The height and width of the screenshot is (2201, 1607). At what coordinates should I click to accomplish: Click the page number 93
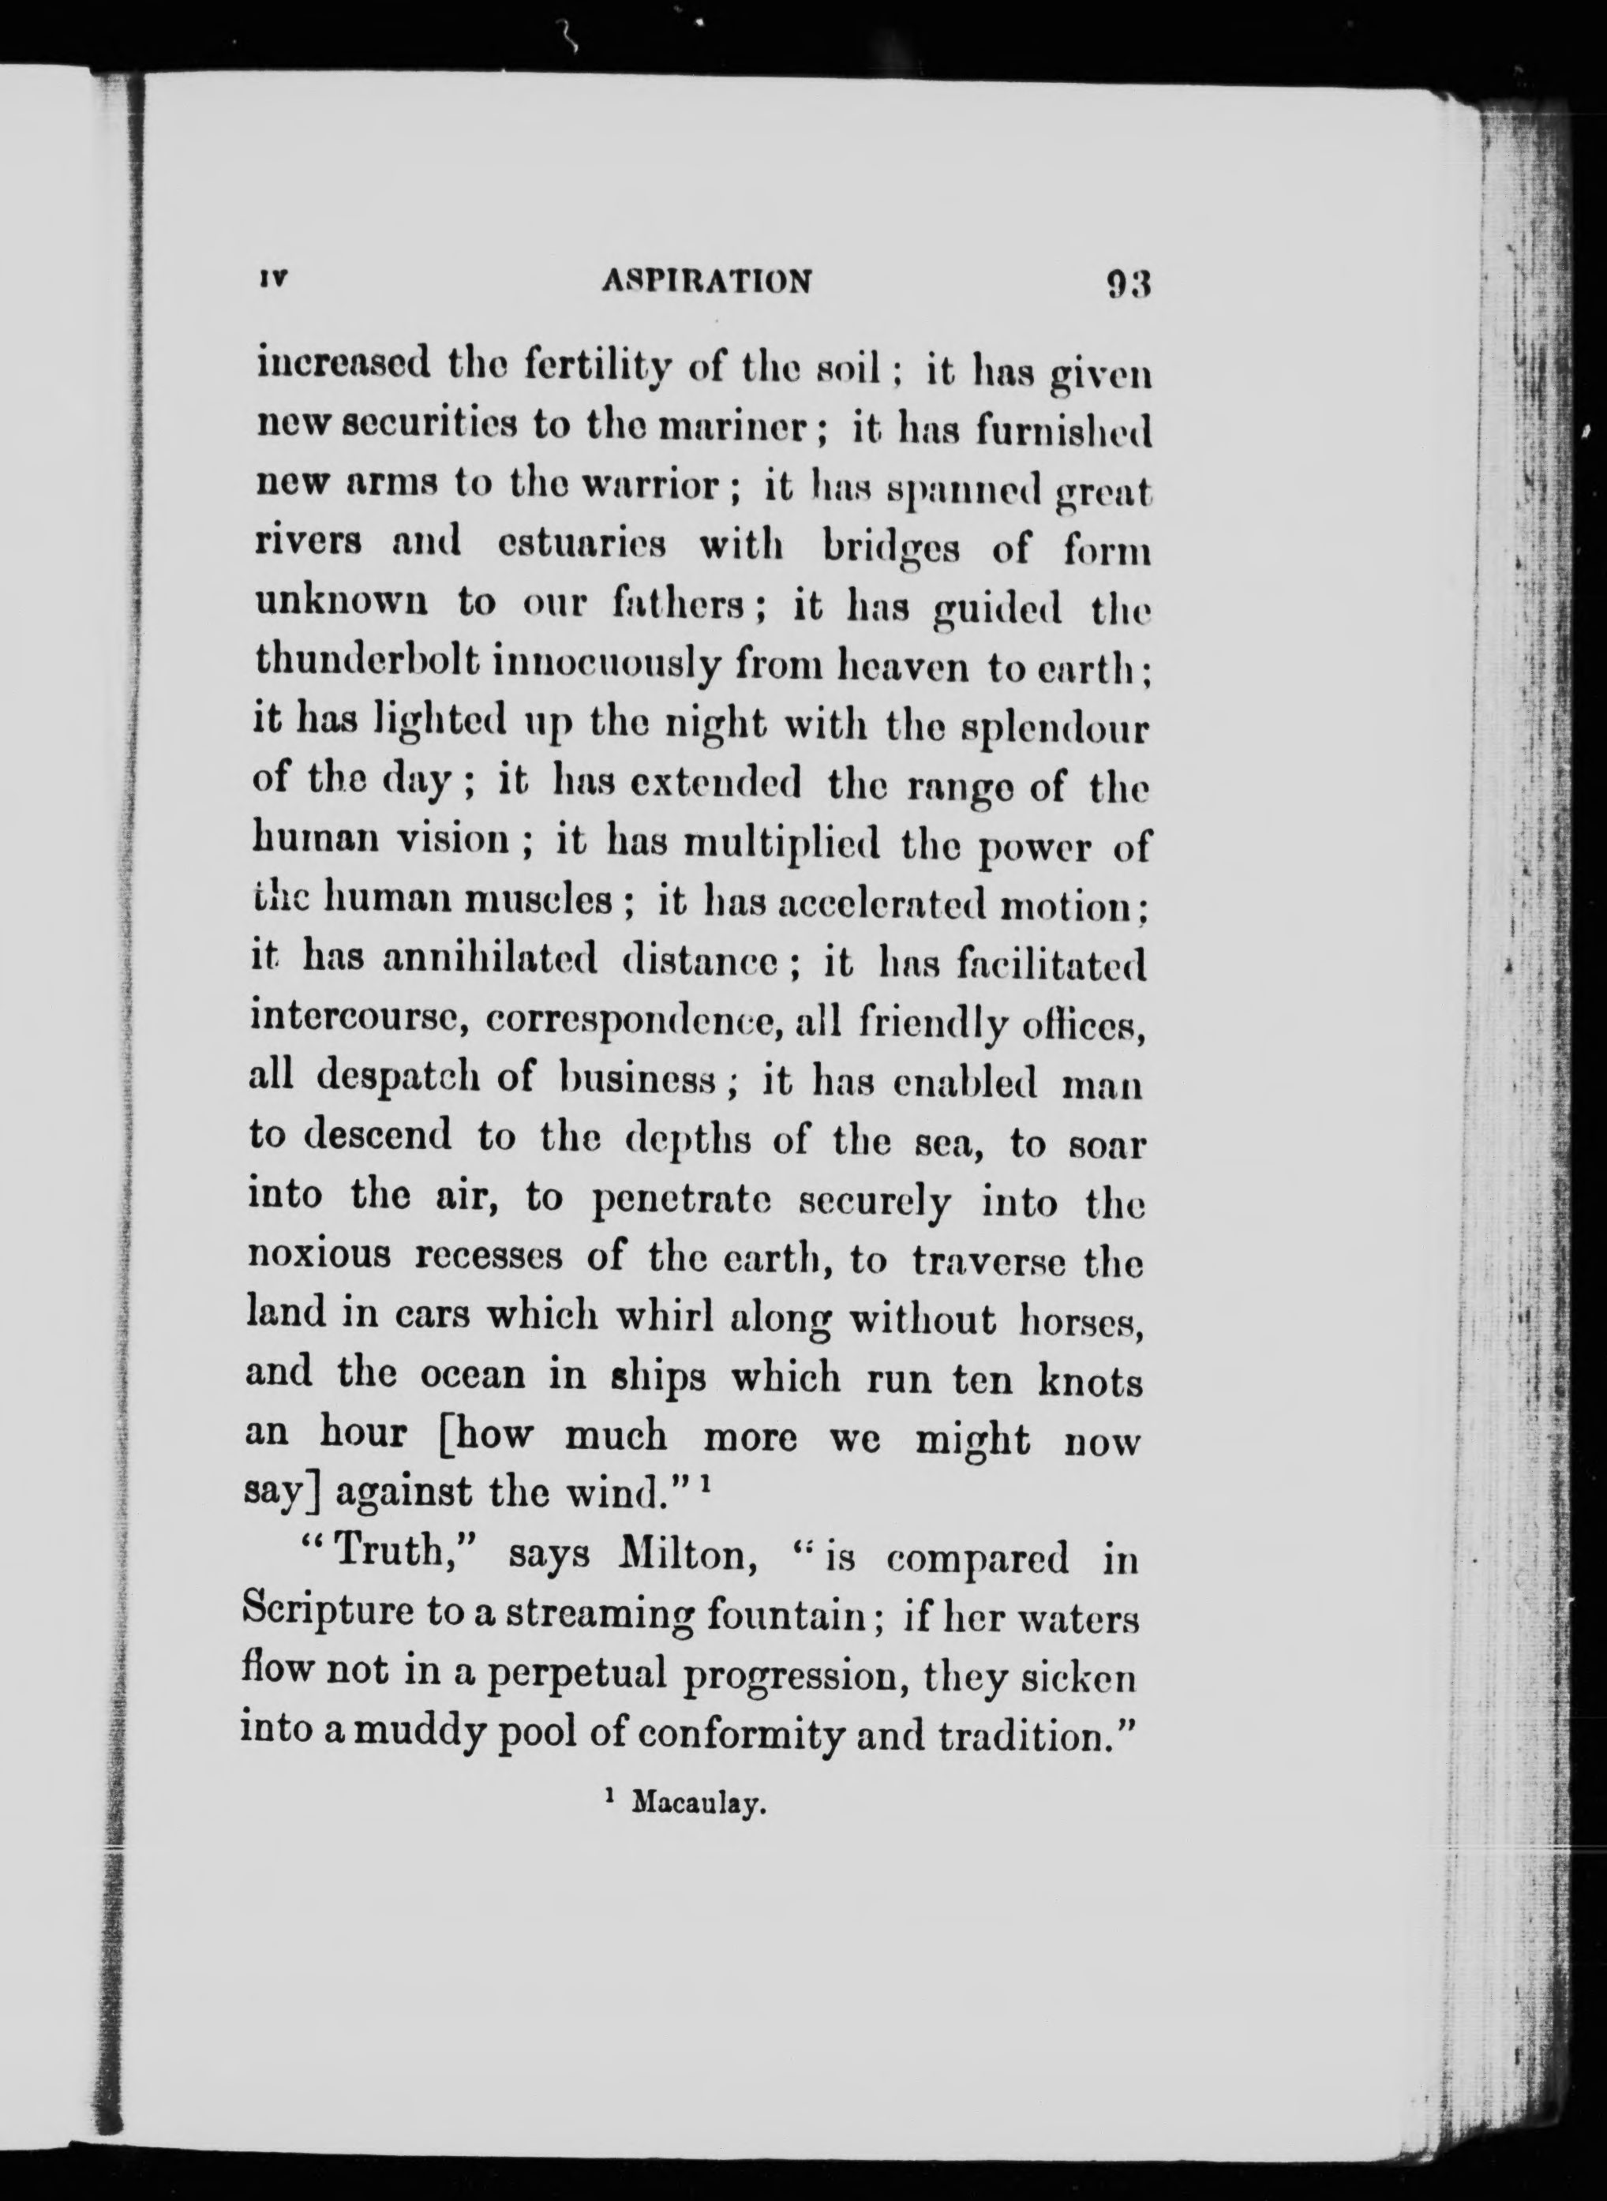point(1127,284)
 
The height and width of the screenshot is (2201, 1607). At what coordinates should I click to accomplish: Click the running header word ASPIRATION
point(707,281)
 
